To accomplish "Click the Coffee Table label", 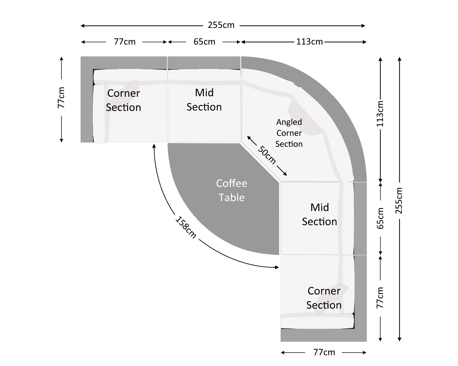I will (232, 190).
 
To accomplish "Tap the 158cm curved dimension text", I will (185, 227).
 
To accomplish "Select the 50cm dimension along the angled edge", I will (267, 155).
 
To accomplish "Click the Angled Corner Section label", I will (289, 133).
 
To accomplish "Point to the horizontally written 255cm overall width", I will (221, 25).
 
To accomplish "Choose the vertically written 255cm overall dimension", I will (399, 200).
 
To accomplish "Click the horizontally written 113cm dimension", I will (309, 41).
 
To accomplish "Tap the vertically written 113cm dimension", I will (380, 114).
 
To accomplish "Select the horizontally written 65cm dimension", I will (204, 41).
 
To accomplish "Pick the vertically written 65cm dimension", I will (380, 218).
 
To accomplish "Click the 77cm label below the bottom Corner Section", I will (324, 352).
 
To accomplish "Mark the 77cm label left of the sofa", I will (61, 98).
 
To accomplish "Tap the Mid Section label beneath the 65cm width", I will (204, 100).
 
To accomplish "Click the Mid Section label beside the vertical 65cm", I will (319, 214).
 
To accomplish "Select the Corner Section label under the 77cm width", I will (123, 100).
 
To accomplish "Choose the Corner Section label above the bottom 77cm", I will (324, 298).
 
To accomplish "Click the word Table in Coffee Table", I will (232, 198).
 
